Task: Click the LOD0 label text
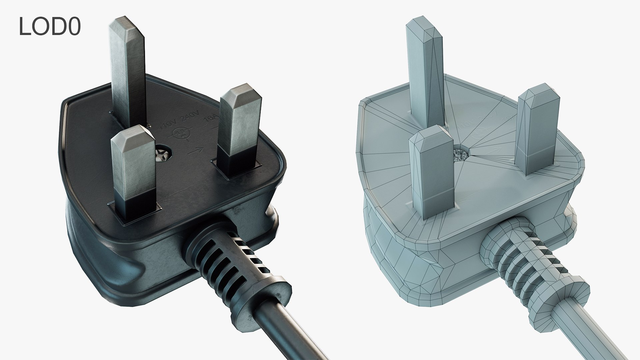pos(50,27)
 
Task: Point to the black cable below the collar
pos(287,330)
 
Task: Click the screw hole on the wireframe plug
pos(461,154)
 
